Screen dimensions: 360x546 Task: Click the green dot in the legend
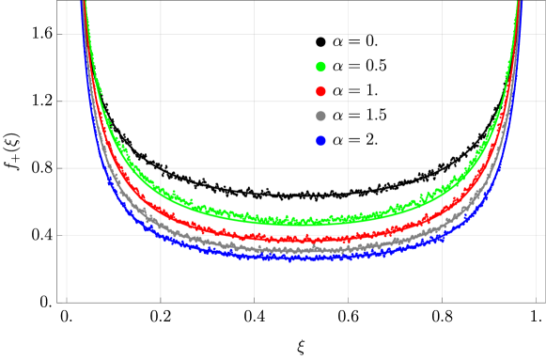tap(320, 67)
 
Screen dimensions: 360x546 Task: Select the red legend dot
tap(320, 91)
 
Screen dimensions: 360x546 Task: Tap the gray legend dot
tap(320, 116)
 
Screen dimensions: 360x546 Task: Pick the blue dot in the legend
tap(320, 141)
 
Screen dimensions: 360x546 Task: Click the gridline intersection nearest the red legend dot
tap(348, 101)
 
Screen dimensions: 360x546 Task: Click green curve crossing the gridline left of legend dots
tap(254, 219)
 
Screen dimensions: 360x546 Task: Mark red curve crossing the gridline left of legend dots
tap(254, 237)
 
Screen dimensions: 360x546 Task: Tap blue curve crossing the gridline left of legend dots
tap(254, 256)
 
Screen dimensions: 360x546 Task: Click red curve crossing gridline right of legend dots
tap(348, 237)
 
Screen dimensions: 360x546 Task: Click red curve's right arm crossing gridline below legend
tap(485, 168)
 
